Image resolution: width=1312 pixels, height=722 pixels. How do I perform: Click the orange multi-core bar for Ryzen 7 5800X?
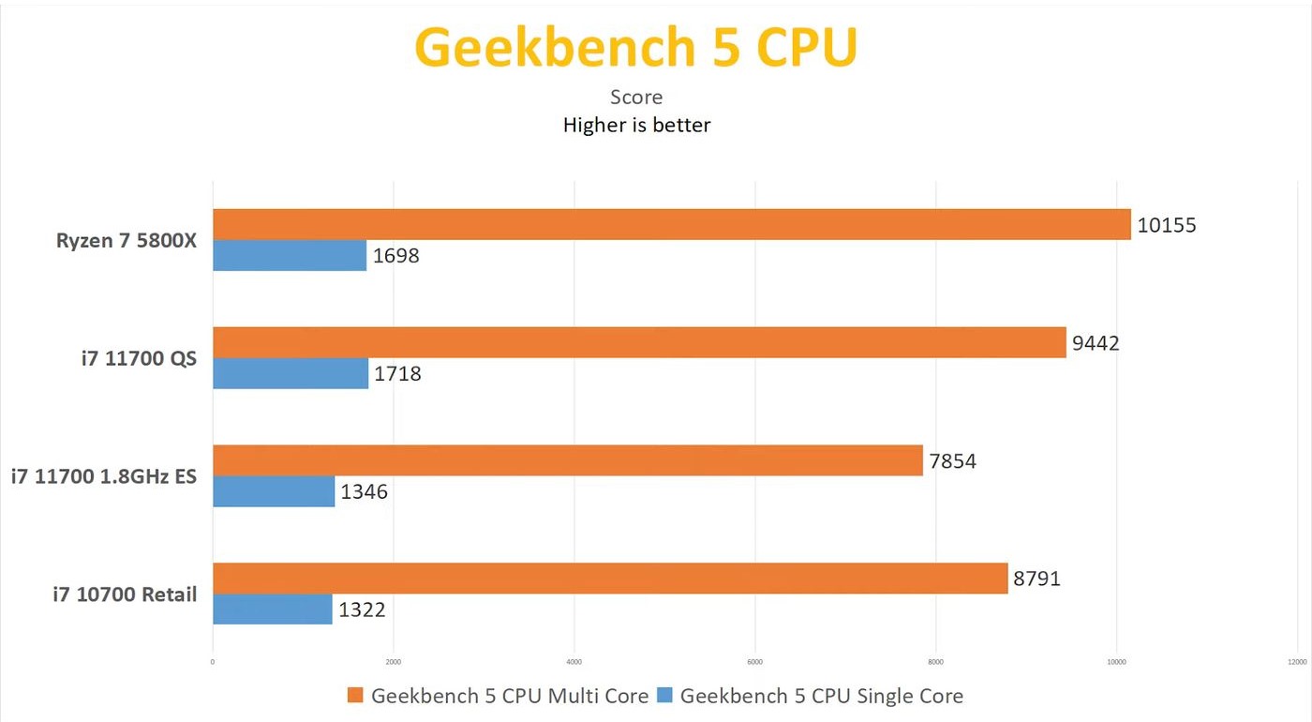671,225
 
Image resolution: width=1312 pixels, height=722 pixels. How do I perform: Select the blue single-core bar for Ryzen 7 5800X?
290,256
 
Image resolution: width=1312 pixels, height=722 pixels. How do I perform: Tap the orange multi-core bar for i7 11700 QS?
639,342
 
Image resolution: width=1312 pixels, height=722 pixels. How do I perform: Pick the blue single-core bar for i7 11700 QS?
291,374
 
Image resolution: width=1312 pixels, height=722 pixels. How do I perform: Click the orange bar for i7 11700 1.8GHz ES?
567,460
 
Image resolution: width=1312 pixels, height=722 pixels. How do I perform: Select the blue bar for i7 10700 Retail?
273,609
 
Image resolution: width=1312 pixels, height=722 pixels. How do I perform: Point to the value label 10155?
1167,225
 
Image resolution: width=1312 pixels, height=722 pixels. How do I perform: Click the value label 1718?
397,374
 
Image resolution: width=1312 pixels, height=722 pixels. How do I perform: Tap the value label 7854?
952,460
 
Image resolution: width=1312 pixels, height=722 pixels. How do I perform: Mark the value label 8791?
1036,579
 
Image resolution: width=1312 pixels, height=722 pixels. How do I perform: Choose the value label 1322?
362,609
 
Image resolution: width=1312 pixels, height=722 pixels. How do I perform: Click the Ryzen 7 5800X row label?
127,240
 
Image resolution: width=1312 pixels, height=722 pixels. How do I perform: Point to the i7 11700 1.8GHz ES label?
104,476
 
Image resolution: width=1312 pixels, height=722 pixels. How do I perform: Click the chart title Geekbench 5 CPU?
636,47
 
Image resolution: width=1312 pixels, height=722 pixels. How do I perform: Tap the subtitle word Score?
636,97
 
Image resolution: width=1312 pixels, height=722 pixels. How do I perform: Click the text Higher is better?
636,125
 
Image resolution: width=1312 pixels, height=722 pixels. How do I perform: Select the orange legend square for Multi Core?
354,695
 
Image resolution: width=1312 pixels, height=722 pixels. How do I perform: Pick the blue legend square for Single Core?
664,695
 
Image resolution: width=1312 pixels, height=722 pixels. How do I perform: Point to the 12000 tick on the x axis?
1297,662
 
